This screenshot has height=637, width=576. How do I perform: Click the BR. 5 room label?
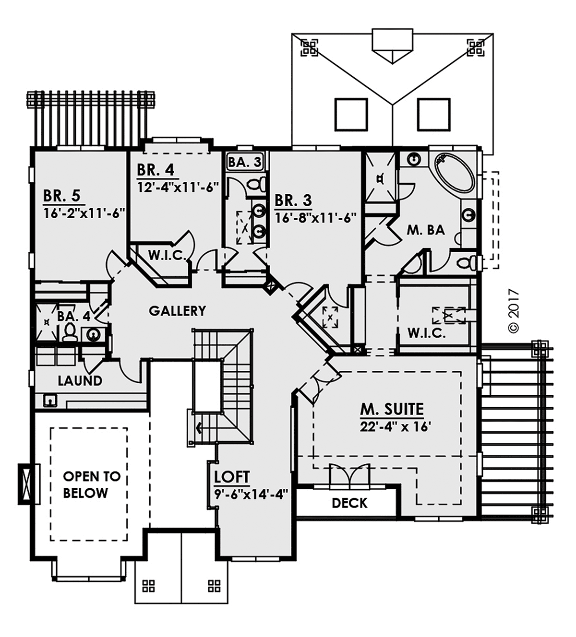tap(61, 196)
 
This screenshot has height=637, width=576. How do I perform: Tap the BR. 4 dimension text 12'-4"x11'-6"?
tap(178, 187)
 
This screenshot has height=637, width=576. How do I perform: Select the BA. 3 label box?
tap(245, 162)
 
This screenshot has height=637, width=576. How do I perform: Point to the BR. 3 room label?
tap(293, 200)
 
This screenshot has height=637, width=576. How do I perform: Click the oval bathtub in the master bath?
tap(455, 173)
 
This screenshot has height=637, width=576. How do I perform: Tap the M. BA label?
tap(426, 230)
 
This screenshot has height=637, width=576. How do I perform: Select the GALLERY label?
tap(177, 311)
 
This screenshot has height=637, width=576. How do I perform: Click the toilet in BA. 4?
tap(70, 331)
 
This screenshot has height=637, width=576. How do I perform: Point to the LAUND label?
tap(80, 381)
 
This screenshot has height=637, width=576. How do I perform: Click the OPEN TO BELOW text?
tap(91, 484)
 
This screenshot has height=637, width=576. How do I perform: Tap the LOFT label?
tap(232, 477)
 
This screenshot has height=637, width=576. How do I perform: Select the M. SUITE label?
tap(392, 409)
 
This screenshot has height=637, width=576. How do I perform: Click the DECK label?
tap(349, 503)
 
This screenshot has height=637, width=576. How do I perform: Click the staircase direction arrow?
tap(198, 427)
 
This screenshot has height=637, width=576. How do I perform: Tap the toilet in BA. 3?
tap(257, 184)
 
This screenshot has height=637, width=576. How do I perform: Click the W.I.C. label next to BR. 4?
tap(166, 256)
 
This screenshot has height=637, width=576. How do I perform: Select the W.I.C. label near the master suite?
tap(426, 333)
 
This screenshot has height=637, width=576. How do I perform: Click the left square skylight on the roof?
tap(351, 114)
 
